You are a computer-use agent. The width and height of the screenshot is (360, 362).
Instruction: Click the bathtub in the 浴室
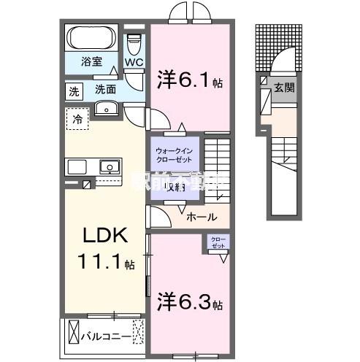point(91,36)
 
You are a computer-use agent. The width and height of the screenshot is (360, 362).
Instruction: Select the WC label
point(133,63)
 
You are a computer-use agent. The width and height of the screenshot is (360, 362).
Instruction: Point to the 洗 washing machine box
point(73,91)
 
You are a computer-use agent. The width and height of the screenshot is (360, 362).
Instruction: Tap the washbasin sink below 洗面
point(107,109)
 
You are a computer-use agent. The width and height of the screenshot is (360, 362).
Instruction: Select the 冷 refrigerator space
point(77,117)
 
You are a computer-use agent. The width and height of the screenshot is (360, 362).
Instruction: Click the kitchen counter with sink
point(95,166)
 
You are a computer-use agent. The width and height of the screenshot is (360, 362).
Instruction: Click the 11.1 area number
point(107,261)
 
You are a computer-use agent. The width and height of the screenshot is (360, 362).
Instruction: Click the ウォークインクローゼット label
point(175,155)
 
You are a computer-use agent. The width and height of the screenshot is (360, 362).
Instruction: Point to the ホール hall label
point(201,216)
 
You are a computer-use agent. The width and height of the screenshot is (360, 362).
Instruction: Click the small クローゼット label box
point(218,242)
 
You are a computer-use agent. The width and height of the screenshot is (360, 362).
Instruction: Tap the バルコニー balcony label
point(112,337)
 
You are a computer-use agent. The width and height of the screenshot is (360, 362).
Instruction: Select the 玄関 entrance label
point(283,88)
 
